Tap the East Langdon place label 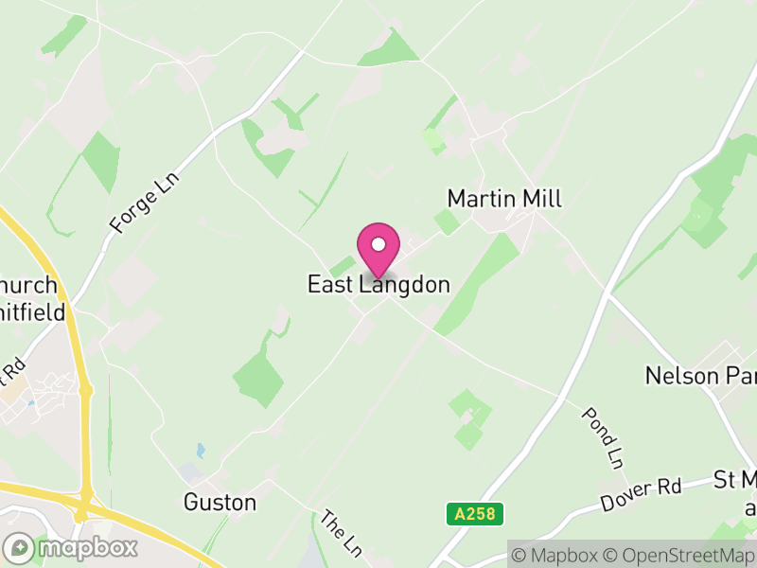click(x=378, y=284)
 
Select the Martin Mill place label click(x=504, y=199)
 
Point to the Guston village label click(x=220, y=502)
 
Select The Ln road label click(x=341, y=533)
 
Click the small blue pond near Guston click(x=200, y=451)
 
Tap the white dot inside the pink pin click(x=378, y=244)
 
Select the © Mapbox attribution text click(x=555, y=555)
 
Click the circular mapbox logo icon click(x=20, y=547)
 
